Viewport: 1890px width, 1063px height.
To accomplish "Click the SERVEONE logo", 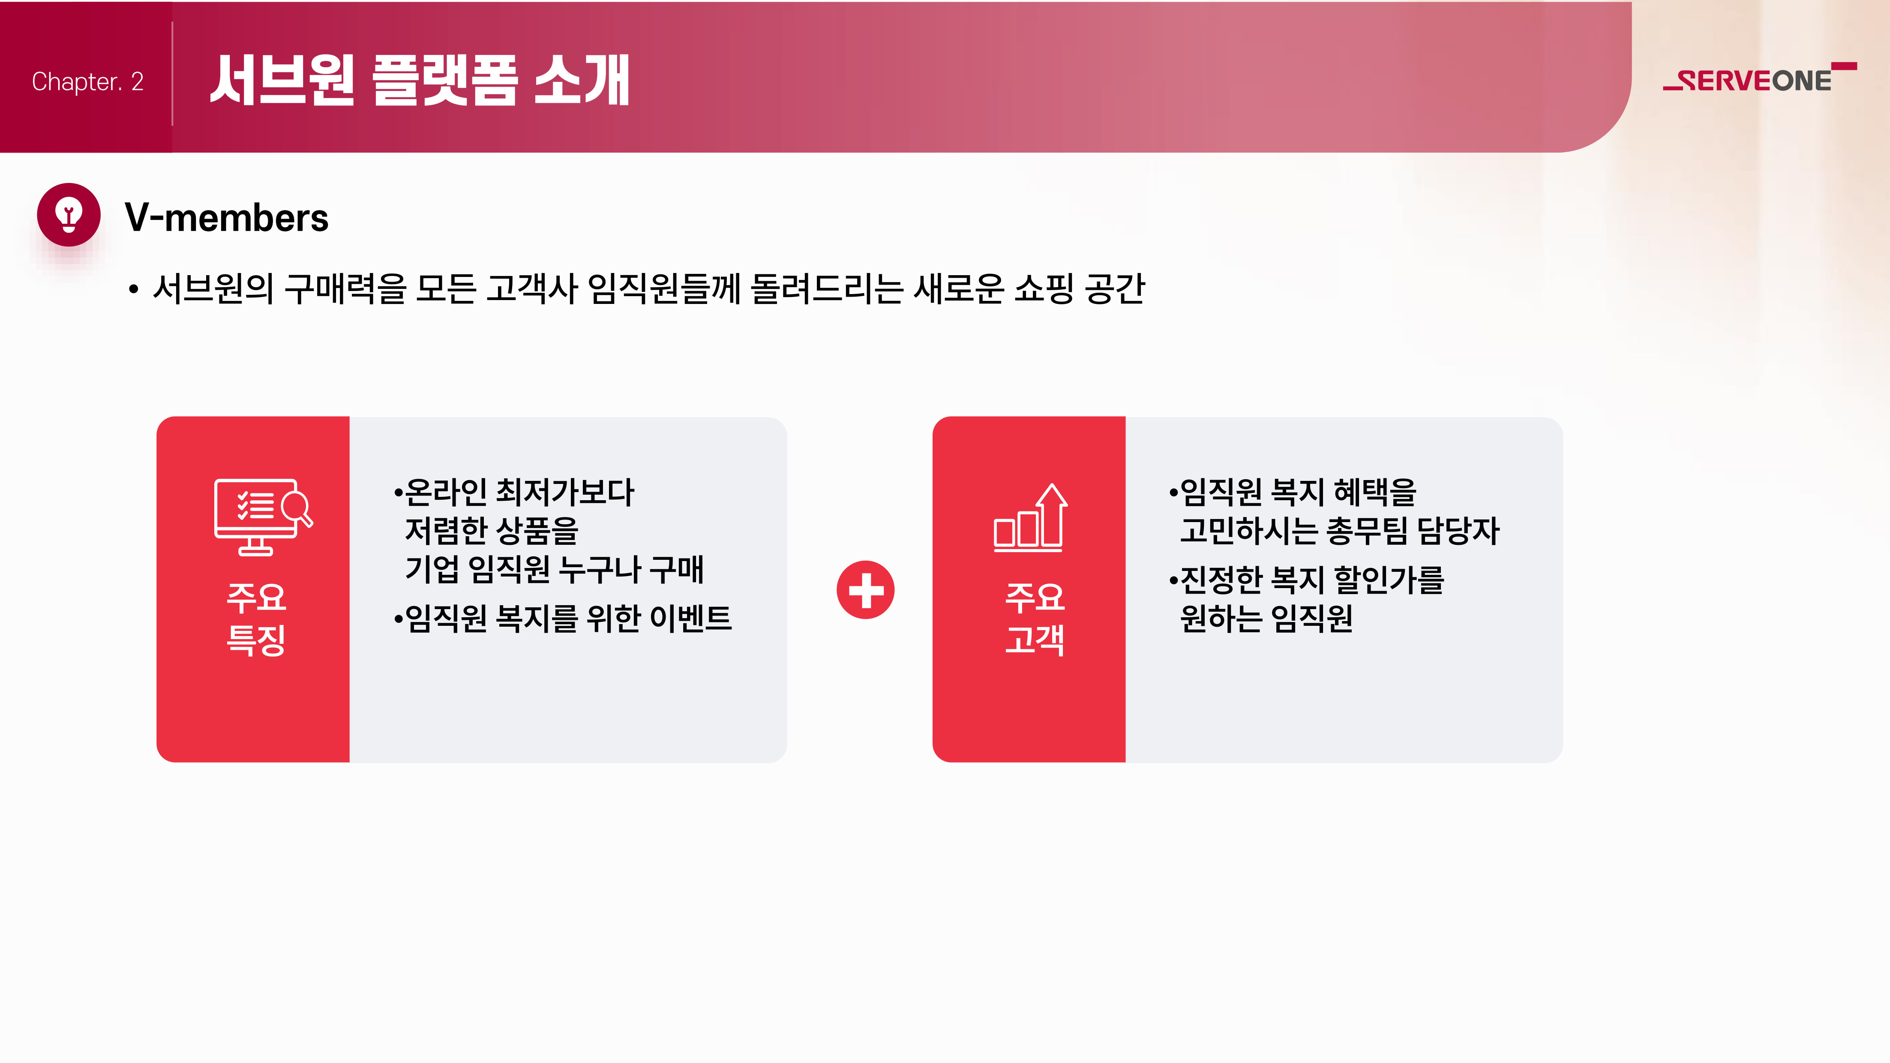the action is click(x=1759, y=78).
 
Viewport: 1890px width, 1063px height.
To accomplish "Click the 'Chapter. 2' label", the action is click(x=87, y=81).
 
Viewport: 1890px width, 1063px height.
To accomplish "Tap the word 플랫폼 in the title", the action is click(x=445, y=80).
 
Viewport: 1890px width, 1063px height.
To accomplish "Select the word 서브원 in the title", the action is click(x=282, y=80).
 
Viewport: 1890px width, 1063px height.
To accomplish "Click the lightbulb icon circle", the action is click(x=69, y=214).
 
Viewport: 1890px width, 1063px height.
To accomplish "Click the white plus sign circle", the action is click(x=866, y=590).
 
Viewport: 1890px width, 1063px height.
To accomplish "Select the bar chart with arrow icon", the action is click(x=1030, y=517).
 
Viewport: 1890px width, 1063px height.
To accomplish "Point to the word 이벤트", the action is click(x=691, y=618).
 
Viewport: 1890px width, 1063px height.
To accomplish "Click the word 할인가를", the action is click(x=1389, y=580).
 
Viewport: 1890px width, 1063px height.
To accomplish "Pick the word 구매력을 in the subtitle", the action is click(x=345, y=288).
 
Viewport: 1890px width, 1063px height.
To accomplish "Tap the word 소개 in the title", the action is click(x=582, y=80).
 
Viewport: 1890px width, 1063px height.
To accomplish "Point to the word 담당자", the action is click(x=1458, y=530).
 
